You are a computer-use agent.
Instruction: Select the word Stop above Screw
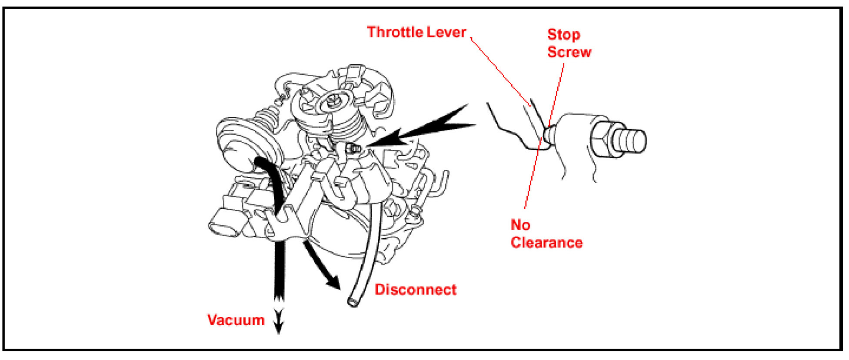(x=563, y=35)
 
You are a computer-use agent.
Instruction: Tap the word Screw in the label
(x=569, y=52)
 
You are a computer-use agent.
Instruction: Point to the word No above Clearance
(x=520, y=225)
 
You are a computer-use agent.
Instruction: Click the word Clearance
(x=546, y=243)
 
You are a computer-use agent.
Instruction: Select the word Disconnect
(x=415, y=290)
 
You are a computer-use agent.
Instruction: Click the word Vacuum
(x=236, y=320)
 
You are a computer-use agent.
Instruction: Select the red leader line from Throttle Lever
(x=500, y=70)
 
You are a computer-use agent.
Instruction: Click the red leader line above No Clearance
(x=533, y=174)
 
